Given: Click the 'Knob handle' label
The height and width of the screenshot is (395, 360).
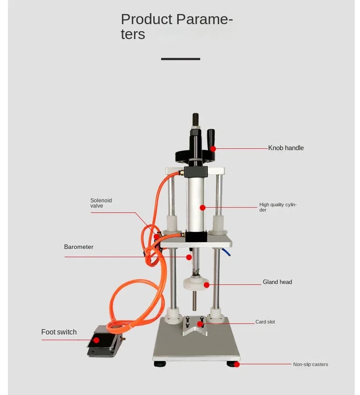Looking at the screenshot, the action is (x=286, y=148).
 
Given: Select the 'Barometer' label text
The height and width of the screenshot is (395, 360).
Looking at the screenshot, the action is (x=79, y=247).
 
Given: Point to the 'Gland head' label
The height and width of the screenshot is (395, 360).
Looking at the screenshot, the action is (x=277, y=282).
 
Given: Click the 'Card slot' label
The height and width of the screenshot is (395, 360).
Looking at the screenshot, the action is (x=265, y=322).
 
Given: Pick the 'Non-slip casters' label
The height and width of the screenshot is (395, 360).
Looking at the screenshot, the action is (x=310, y=364).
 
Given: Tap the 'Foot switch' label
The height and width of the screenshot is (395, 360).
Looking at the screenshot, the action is (x=59, y=332).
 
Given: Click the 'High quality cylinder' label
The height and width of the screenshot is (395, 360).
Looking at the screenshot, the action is (x=278, y=207).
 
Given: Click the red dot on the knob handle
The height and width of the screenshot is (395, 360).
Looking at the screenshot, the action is (x=213, y=148).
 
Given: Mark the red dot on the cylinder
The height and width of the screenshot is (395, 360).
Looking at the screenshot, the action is (x=202, y=207).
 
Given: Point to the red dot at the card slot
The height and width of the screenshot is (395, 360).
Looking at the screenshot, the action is (x=200, y=324).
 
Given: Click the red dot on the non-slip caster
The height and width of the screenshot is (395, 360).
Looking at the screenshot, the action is (x=237, y=364).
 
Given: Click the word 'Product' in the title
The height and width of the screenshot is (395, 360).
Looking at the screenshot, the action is (x=147, y=19).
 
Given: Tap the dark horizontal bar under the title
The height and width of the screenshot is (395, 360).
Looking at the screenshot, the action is (x=180, y=59).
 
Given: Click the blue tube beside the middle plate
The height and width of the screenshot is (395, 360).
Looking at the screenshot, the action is (x=227, y=252).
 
